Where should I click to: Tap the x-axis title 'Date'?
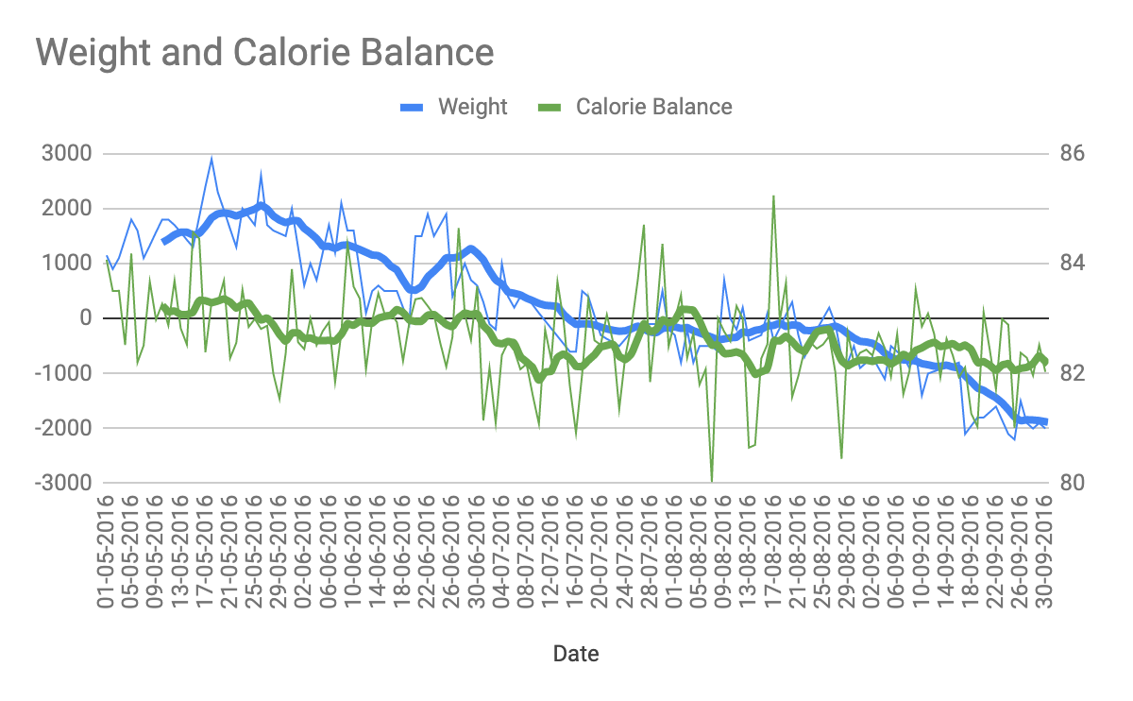click(x=575, y=653)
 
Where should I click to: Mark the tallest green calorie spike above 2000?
click(x=773, y=197)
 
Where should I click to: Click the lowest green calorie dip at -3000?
click(x=712, y=481)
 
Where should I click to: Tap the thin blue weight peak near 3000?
click(x=211, y=158)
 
